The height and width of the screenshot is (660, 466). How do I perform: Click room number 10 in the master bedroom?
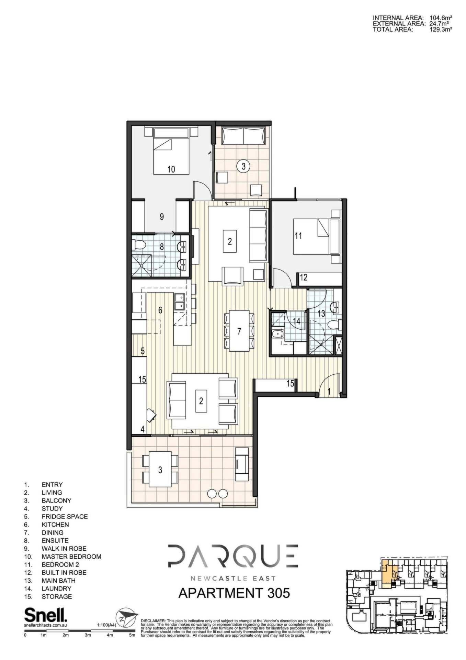(x=171, y=169)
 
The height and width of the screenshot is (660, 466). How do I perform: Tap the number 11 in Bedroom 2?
(x=298, y=236)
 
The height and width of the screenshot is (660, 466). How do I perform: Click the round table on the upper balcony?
(x=243, y=167)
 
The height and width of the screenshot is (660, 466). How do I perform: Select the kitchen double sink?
(x=179, y=301)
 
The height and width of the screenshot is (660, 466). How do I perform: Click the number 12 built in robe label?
(x=304, y=277)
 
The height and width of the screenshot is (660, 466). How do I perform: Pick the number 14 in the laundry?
(x=296, y=321)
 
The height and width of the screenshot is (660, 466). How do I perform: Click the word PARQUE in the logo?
(x=233, y=556)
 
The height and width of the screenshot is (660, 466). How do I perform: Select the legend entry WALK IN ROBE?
(x=64, y=549)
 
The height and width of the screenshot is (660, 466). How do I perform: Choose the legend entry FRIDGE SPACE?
(x=65, y=517)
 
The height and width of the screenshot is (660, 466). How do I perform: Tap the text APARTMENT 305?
(x=234, y=593)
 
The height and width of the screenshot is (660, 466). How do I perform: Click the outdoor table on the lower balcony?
(x=160, y=469)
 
